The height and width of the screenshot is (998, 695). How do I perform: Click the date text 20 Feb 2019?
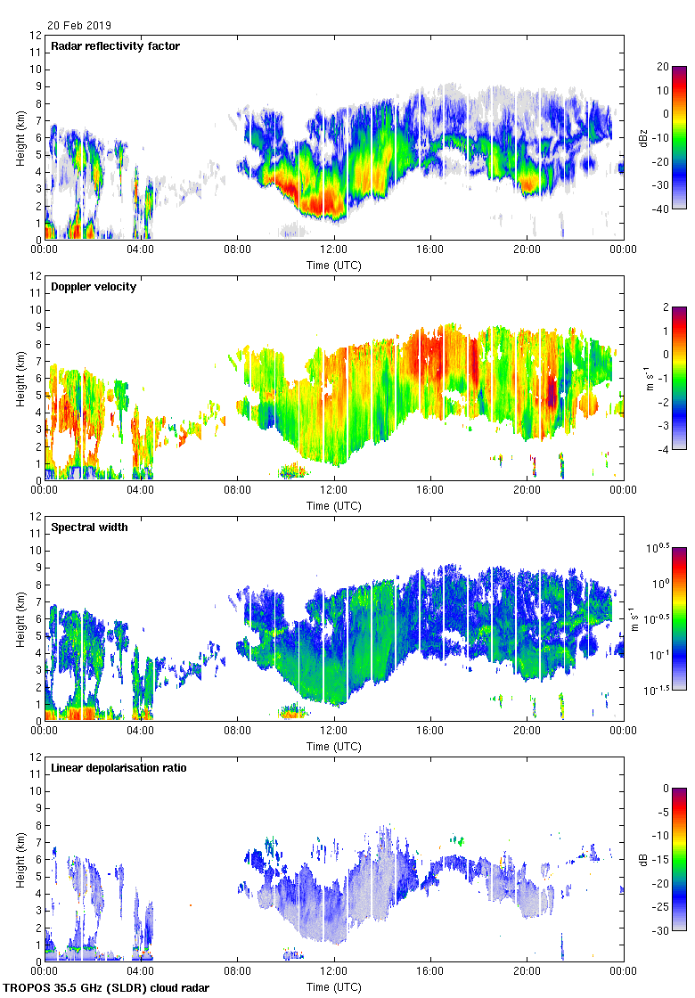pyautogui.click(x=80, y=26)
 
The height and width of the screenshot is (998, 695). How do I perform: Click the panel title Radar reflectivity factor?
pyautogui.click(x=116, y=46)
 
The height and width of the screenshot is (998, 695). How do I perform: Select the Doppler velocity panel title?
pyautogui.click(x=94, y=287)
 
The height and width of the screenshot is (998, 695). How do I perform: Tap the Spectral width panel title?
pyautogui.click(x=91, y=528)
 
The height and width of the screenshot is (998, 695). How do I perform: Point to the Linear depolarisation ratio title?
pyautogui.click(x=119, y=768)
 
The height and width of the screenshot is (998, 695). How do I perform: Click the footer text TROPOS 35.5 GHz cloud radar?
pyautogui.click(x=107, y=987)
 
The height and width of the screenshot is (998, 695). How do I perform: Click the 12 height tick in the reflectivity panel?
pyautogui.click(x=36, y=36)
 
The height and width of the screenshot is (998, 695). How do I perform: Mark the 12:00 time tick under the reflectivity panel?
pyautogui.click(x=334, y=250)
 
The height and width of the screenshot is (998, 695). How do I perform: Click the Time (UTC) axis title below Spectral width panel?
pyautogui.click(x=334, y=746)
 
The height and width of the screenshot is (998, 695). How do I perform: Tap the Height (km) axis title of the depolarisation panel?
pyautogui.click(x=19, y=859)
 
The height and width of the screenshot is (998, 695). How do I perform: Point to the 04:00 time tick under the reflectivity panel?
pyautogui.click(x=141, y=250)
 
